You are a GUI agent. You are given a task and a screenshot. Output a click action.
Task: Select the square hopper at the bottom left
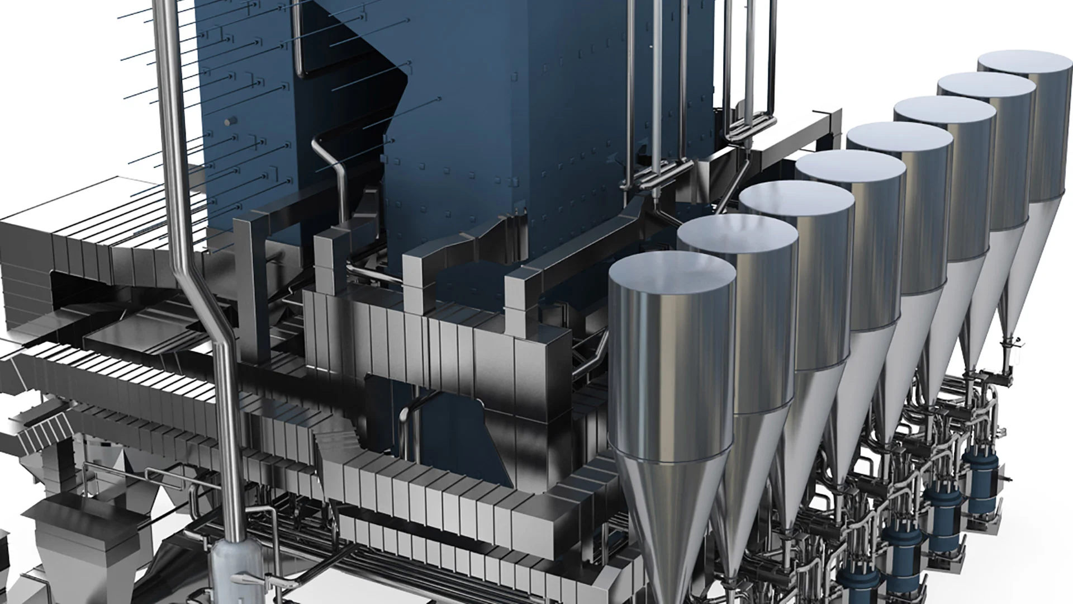(x=84, y=531)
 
